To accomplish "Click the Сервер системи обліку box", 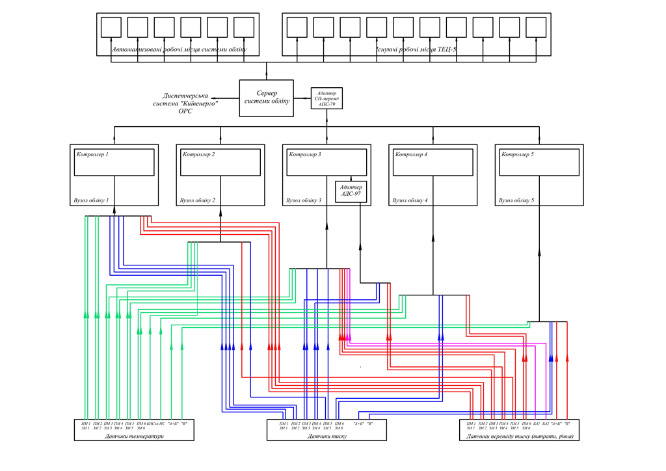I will (266, 98).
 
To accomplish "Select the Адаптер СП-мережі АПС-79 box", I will (326, 98).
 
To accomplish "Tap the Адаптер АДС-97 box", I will (351, 191).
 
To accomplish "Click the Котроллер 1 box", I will (114, 162).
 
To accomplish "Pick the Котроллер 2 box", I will (221, 162).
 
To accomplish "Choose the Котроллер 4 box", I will (433, 162).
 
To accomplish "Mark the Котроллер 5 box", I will (539, 162).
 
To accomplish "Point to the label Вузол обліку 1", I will (91, 200).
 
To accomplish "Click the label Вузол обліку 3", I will (304, 200).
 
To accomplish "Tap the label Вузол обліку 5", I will (516, 200).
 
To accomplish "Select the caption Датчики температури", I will (134, 436).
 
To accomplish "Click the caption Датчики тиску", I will (326, 436).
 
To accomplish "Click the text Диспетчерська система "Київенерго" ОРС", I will (186, 103).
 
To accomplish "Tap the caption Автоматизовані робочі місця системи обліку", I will (179, 49).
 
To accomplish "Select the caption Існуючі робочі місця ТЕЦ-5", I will (416, 49).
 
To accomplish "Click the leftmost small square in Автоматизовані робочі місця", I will (111, 27).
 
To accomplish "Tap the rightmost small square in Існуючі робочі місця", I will (536, 27).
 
